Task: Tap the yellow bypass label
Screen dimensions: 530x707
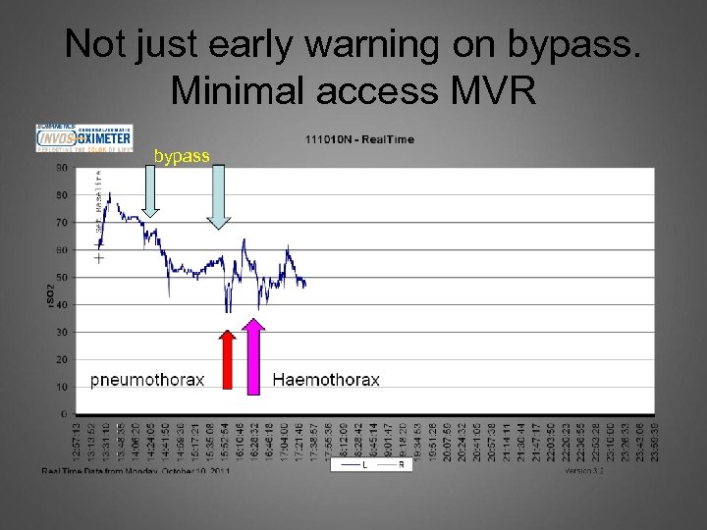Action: pos(182,156)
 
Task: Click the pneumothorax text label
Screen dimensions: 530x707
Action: pos(148,380)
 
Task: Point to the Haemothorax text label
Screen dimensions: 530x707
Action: pos(326,380)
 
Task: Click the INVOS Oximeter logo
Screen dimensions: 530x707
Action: pos(83,138)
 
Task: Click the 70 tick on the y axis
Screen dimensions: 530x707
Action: pos(61,223)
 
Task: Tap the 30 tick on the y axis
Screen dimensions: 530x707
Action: pos(61,333)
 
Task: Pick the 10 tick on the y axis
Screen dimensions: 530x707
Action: pos(61,388)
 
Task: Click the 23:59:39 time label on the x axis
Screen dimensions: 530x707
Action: pos(654,440)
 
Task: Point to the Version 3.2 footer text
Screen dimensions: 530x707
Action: pos(585,471)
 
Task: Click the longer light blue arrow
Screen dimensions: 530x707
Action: pos(219,195)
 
